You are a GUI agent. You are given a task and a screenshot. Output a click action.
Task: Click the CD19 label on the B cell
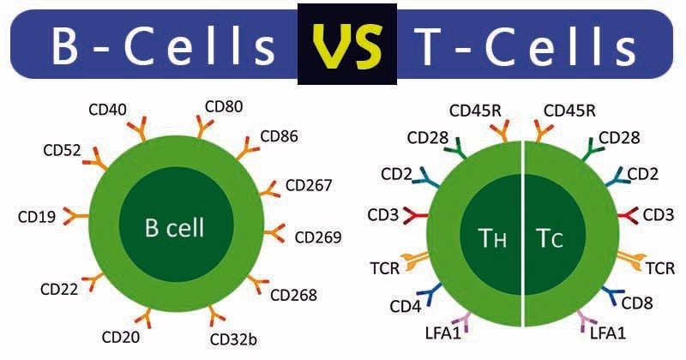37,216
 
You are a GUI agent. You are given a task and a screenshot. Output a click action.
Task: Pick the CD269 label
318,237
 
